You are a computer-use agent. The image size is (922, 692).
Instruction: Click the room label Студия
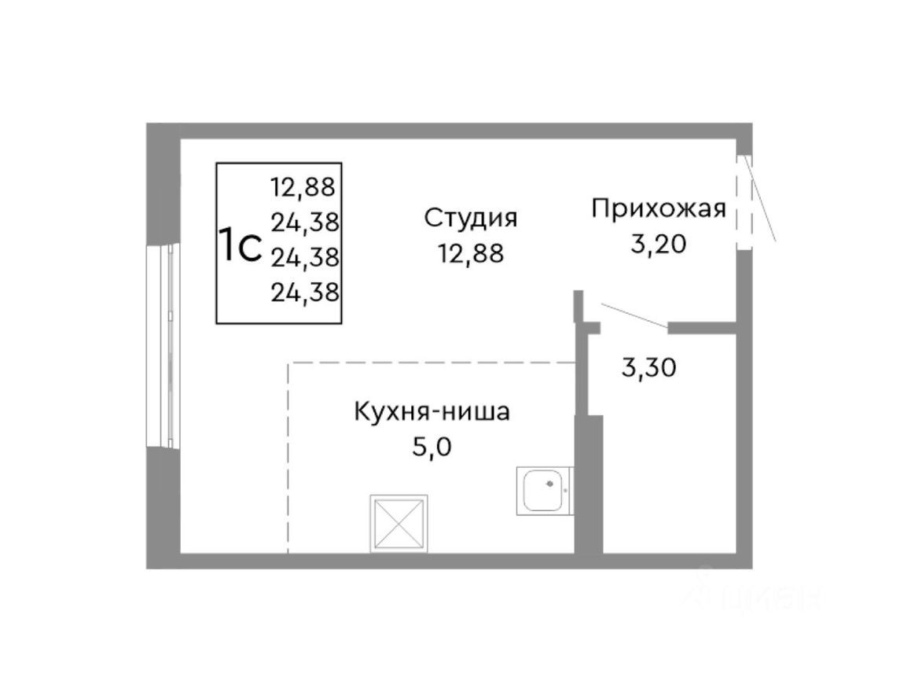coord(471,218)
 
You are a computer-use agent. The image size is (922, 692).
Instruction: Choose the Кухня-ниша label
coord(432,411)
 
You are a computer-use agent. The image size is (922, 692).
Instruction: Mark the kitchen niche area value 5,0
coord(432,448)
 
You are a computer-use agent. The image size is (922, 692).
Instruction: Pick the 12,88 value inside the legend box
coord(303,187)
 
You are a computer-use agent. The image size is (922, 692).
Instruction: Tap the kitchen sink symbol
coord(544,491)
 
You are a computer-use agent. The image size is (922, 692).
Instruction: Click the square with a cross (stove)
coord(399,523)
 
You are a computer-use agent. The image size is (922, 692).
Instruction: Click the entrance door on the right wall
coord(744,202)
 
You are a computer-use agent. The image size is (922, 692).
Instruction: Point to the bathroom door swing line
coord(634,315)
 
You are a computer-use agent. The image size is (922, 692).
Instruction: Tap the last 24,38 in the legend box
coord(305,293)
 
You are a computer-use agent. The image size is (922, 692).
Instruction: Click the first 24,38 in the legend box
coord(305,223)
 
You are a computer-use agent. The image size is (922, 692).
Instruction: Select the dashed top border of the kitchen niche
coord(432,363)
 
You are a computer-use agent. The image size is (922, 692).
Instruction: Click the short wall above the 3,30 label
coord(702,327)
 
